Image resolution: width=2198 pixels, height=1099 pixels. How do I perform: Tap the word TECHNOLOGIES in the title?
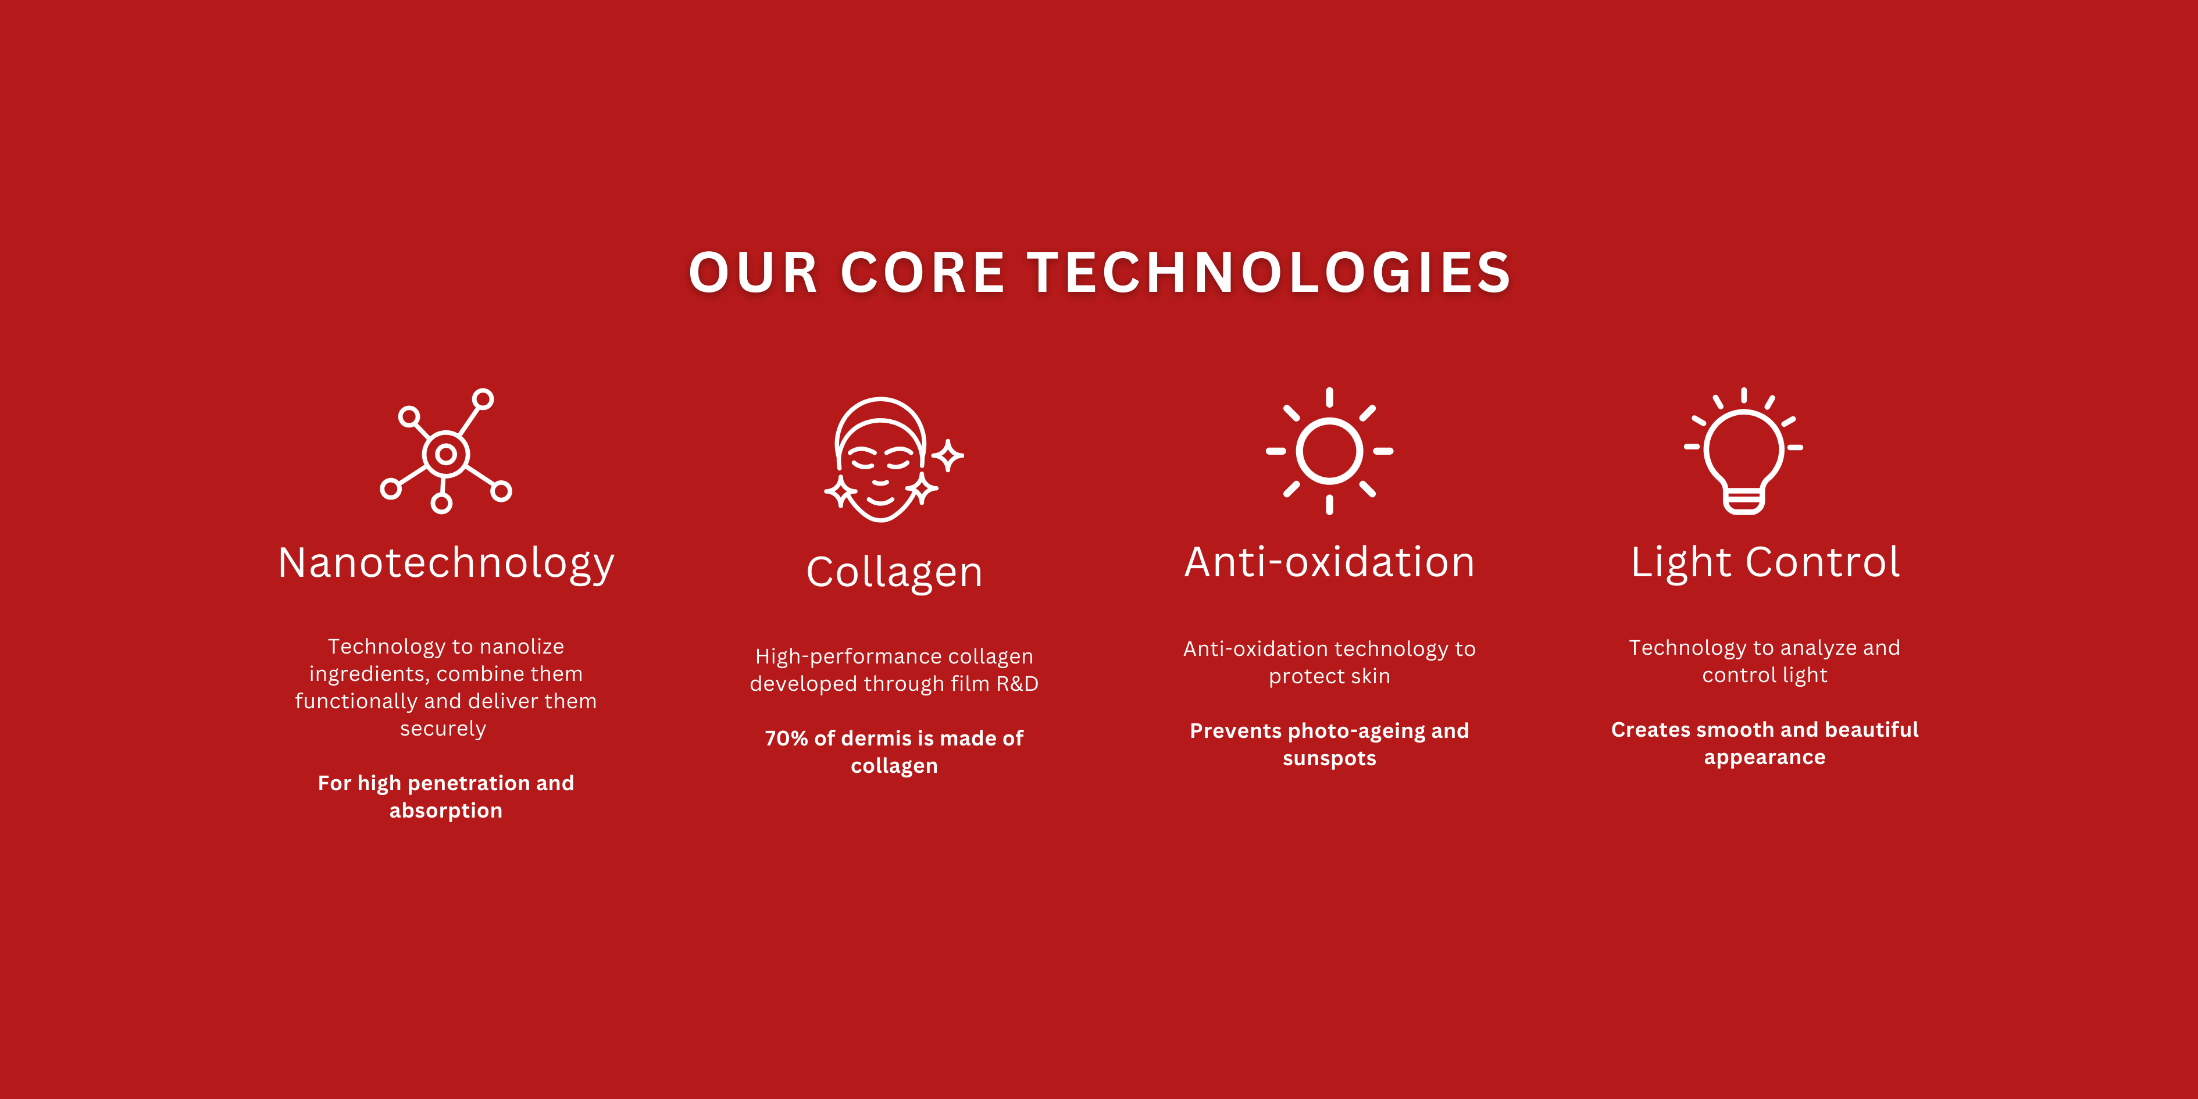pyautogui.click(x=1269, y=273)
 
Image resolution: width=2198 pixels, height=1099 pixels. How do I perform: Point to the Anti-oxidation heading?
pyautogui.click(x=1329, y=562)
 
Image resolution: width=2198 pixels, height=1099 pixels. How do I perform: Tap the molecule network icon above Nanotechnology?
pyautogui.click(x=445, y=451)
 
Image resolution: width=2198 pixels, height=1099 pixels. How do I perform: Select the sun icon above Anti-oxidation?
pyautogui.click(x=1329, y=451)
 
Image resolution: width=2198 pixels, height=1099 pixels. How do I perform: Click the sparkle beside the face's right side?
pyautogui.click(x=947, y=456)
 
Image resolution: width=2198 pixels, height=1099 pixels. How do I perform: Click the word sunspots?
pyautogui.click(x=1329, y=759)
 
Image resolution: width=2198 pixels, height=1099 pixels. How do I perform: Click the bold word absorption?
pyautogui.click(x=446, y=811)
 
